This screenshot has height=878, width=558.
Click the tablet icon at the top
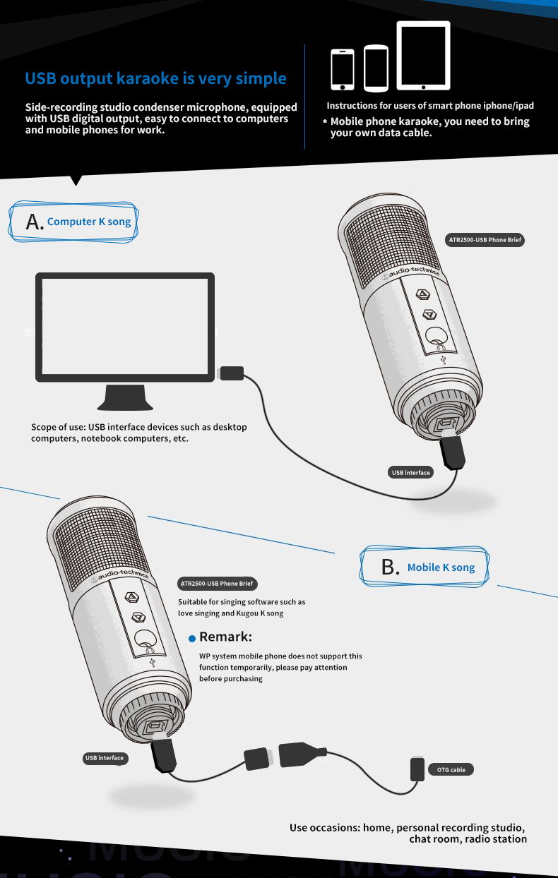[423, 56]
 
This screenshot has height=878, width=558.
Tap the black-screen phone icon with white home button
[343, 70]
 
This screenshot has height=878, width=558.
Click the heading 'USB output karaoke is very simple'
[155, 78]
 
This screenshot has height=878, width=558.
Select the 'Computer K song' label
[89, 222]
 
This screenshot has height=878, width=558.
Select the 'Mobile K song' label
[441, 567]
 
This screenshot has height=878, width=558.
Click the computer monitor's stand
[125, 397]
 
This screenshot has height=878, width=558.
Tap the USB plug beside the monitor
[232, 373]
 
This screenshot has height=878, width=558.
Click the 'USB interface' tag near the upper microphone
[410, 473]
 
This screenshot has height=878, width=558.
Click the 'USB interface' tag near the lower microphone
[105, 758]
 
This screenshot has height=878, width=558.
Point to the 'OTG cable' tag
[451, 770]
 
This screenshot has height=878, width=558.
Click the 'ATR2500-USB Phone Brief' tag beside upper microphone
[485, 240]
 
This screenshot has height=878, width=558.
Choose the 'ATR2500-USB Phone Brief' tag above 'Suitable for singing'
[218, 583]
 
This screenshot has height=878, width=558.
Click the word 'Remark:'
[225, 637]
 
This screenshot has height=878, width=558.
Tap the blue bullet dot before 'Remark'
[191, 639]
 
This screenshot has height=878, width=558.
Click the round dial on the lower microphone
[145, 639]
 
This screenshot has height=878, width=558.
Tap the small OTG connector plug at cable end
[417, 769]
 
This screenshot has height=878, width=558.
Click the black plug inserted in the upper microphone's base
[453, 452]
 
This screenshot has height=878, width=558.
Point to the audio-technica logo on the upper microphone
[410, 272]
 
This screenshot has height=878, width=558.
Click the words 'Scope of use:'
[59, 427]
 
